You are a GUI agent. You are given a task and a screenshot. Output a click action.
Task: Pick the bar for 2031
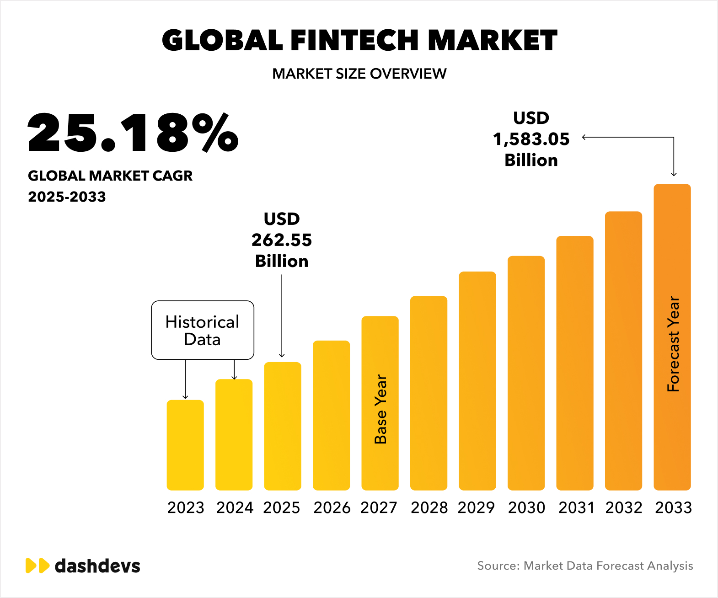tap(575, 363)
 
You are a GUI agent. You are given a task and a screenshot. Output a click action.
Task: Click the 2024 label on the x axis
tap(235, 507)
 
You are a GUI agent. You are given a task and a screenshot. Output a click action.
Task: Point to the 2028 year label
tap(429, 507)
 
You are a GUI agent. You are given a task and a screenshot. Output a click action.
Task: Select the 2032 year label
tap(624, 507)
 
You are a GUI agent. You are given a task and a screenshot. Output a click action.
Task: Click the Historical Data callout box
tap(203, 330)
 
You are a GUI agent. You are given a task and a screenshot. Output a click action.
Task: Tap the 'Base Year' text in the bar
tap(380, 409)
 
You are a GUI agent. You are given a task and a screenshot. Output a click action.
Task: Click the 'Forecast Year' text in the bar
tap(673, 344)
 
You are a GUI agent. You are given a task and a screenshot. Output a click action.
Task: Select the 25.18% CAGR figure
tap(133, 133)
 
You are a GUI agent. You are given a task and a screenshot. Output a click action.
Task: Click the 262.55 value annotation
tap(282, 240)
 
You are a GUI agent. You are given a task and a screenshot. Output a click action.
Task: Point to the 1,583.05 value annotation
tap(531, 139)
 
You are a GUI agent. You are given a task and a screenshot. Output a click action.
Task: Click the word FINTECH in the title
tap(354, 40)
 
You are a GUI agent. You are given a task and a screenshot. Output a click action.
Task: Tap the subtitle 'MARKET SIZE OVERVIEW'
tap(359, 74)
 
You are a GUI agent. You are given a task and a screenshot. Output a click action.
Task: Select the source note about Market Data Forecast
tap(585, 566)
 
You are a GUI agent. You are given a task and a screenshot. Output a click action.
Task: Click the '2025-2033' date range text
tap(67, 197)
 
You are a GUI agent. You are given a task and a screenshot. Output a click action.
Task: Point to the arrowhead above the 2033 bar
tap(674, 174)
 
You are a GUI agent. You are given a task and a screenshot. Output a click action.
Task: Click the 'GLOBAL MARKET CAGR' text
tap(110, 176)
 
